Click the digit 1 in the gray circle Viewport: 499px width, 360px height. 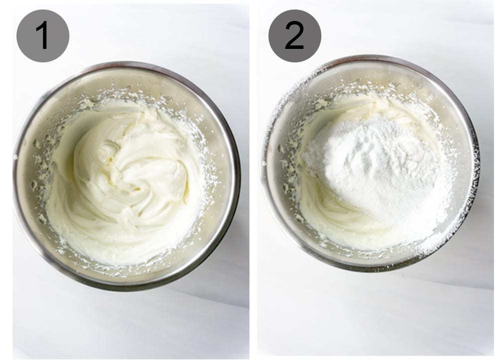click(x=43, y=35)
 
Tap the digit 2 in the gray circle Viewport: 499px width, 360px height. click(x=294, y=35)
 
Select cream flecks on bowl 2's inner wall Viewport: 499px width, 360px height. click(x=289, y=165)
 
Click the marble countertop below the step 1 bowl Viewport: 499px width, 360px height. click(x=125, y=325)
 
